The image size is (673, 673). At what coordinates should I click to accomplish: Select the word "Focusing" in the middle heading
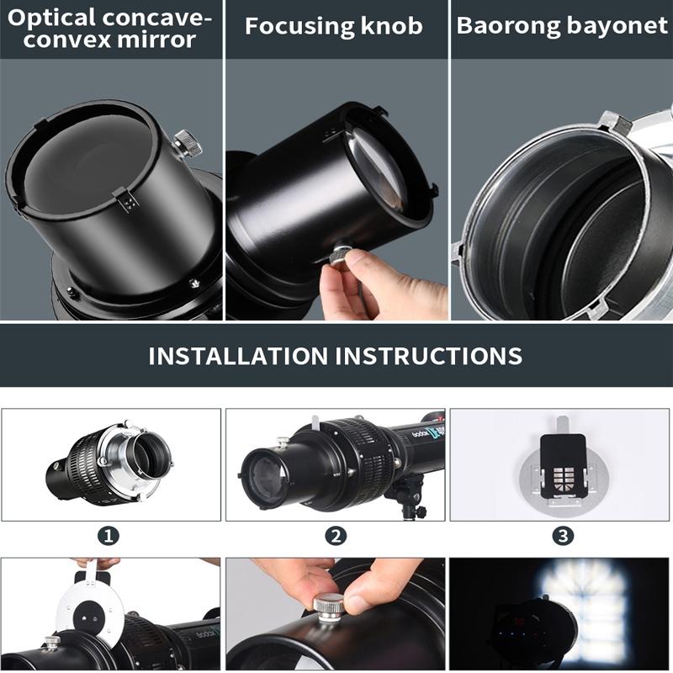click(x=291, y=26)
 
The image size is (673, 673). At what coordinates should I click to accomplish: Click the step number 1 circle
click(x=111, y=536)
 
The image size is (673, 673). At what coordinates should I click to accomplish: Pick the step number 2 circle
click(x=336, y=536)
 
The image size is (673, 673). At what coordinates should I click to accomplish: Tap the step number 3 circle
click(x=562, y=536)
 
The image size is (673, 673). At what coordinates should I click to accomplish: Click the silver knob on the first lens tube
click(x=188, y=144)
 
